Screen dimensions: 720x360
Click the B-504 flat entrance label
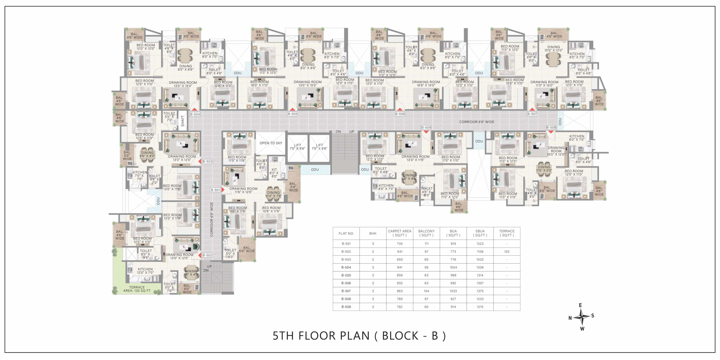click(x=195, y=114)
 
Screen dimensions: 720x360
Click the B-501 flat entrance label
click(x=215, y=190)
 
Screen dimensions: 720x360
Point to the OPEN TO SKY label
click(x=271, y=143)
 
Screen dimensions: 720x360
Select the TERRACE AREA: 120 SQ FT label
click(x=137, y=289)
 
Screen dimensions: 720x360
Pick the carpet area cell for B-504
click(x=400, y=267)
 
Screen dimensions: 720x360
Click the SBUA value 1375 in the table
click(x=480, y=291)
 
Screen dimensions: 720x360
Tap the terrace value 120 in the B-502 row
click(x=507, y=252)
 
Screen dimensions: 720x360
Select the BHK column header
click(x=373, y=233)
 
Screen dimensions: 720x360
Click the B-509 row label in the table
click(x=346, y=307)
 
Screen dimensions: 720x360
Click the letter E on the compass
click(x=580, y=305)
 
